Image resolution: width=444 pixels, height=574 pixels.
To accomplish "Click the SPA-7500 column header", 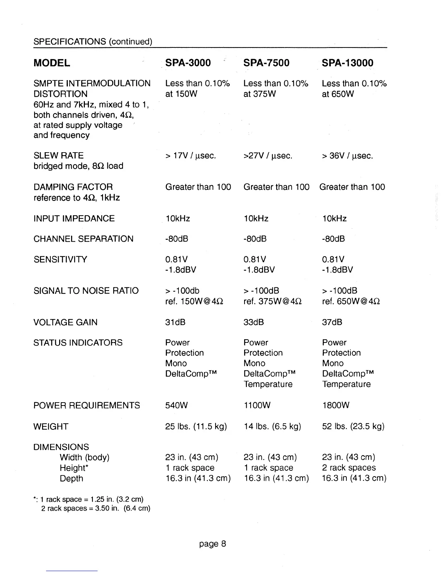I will pyautogui.click(x=266, y=63).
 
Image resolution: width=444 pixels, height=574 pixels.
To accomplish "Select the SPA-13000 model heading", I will pyautogui.click(x=347, y=63).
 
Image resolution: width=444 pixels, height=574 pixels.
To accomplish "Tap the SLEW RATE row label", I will pyautogui.click(x=58, y=156).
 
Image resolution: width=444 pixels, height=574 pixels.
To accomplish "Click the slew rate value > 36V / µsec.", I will pyautogui.click(x=347, y=156).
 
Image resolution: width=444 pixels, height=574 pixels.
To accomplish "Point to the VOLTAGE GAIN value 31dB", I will pyautogui.click(x=175, y=322).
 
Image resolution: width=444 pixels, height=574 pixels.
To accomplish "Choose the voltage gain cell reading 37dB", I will pyautogui.click(x=332, y=322).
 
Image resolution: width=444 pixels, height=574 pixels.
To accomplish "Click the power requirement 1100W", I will pyautogui.click(x=257, y=405).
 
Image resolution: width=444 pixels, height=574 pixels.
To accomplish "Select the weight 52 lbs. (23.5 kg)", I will pyautogui.click(x=353, y=427).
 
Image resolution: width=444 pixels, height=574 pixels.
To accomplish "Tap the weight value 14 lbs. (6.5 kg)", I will pyautogui.click(x=272, y=427).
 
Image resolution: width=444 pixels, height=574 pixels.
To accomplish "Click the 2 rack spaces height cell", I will pyautogui.click(x=349, y=468).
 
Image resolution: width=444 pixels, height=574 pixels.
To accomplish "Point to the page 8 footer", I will pyautogui.click(x=213, y=544).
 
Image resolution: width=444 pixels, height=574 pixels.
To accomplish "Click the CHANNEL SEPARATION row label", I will pyautogui.click(x=83, y=239).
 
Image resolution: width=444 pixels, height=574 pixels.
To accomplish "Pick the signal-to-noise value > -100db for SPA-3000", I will pyautogui.click(x=182, y=291).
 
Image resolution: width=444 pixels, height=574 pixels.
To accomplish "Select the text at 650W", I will pyautogui.click(x=338, y=94).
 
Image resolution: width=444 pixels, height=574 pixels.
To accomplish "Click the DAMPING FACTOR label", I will pyautogui.click(x=73, y=187).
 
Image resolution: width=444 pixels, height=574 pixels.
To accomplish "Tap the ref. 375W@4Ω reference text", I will pyautogui.click(x=272, y=301).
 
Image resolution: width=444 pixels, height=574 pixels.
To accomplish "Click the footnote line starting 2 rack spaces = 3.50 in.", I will pyautogui.click(x=95, y=508).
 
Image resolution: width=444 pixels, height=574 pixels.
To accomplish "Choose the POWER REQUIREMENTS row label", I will pyautogui.click(x=86, y=405).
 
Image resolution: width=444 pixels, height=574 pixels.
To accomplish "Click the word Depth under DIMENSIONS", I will pyautogui.click(x=71, y=479).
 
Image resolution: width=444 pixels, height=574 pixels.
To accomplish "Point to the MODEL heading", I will pyautogui.click(x=52, y=63).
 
